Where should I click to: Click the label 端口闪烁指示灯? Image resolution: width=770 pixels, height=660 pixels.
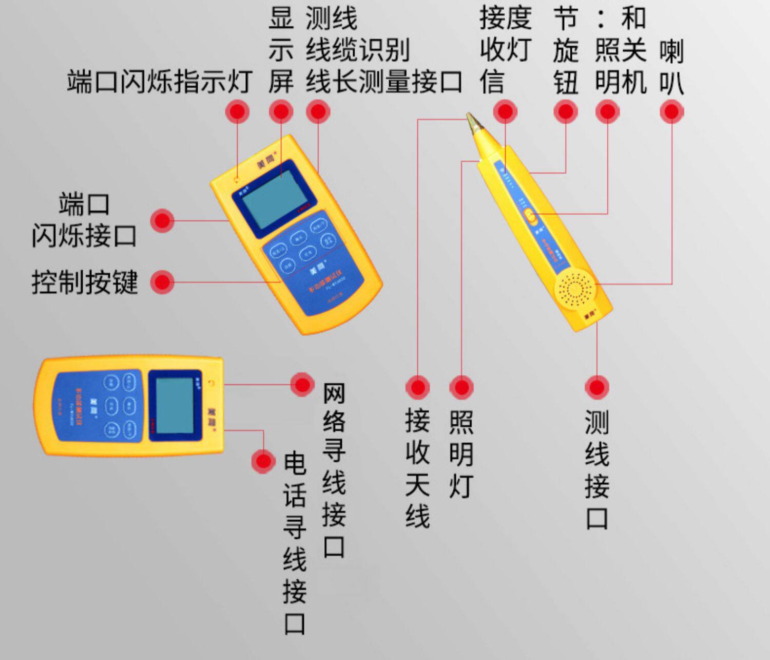(x=159, y=82)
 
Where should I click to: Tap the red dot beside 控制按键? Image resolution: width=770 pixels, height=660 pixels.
(x=163, y=282)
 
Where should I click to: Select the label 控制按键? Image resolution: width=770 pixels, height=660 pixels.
(x=85, y=282)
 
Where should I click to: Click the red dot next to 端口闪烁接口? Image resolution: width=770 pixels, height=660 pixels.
(x=163, y=221)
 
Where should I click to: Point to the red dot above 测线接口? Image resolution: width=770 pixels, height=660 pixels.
(x=596, y=387)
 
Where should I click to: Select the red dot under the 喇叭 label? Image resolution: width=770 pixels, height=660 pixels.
(x=671, y=111)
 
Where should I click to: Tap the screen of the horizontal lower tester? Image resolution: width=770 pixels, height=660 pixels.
(x=175, y=406)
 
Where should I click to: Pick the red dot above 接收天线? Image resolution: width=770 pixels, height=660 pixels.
(x=417, y=387)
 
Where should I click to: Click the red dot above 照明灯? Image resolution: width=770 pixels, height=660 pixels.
(x=461, y=387)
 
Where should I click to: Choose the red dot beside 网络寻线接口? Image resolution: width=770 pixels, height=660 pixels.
(x=302, y=384)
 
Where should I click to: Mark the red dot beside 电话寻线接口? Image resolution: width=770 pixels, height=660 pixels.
(x=263, y=461)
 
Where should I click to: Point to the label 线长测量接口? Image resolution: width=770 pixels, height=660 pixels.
(x=384, y=82)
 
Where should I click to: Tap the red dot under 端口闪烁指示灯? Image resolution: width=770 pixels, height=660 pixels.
(x=237, y=111)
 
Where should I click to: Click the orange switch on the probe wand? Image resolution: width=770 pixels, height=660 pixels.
(x=531, y=217)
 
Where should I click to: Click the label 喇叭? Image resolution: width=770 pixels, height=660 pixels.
(x=671, y=67)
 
